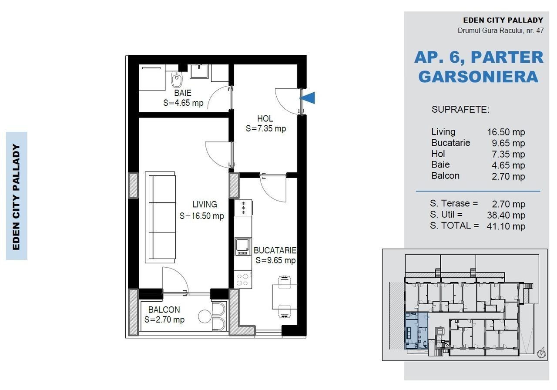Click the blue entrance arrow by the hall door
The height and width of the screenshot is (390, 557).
click(308, 98)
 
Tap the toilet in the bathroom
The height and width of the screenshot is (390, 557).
click(177, 79)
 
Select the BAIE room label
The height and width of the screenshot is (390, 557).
click(183, 93)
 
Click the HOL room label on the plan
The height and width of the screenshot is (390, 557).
click(265, 118)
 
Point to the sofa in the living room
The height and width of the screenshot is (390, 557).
click(161, 217)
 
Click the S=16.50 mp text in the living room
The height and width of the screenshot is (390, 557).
click(201, 216)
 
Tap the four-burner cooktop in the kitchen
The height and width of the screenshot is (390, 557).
click(243, 279)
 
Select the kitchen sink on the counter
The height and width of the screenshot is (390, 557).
click(243, 246)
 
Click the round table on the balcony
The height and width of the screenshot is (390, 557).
click(205, 316)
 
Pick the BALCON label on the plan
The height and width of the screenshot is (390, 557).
click(164, 309)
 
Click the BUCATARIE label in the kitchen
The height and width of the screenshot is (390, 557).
click(275, 250)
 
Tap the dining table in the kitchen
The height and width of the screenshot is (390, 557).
click(285, 297)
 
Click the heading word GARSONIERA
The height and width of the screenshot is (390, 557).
click(478, 77)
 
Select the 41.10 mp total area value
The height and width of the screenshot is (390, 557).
click(506, 226)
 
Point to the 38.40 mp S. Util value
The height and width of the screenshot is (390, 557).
click(506, 215)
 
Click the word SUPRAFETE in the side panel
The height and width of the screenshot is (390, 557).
click(460, 109)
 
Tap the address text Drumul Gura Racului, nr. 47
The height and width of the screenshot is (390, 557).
click(501, 30)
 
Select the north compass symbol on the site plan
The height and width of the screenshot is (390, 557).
click(541, 353)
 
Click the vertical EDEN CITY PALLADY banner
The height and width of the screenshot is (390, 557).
click(17, 196)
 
